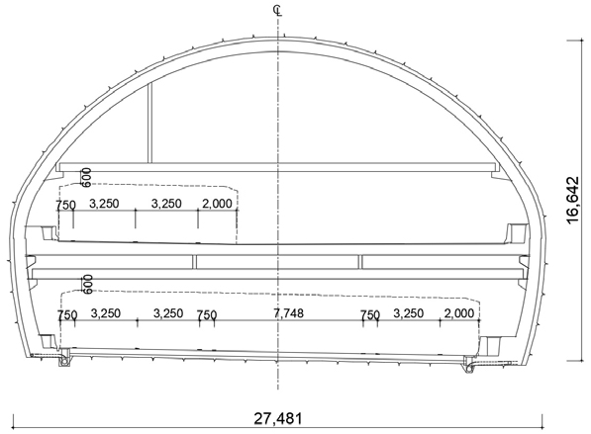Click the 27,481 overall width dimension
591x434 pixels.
(278, 418)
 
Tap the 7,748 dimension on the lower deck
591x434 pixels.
(288, 312)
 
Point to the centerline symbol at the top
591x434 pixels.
(278, 11)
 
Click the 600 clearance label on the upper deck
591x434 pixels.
(86, 178)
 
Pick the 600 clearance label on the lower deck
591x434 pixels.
(87, 284)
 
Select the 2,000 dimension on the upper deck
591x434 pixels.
(217, 204)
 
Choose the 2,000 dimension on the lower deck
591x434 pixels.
(459, 313)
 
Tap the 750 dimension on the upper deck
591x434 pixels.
(65, 206)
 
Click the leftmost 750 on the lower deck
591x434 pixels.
(67, 315)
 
